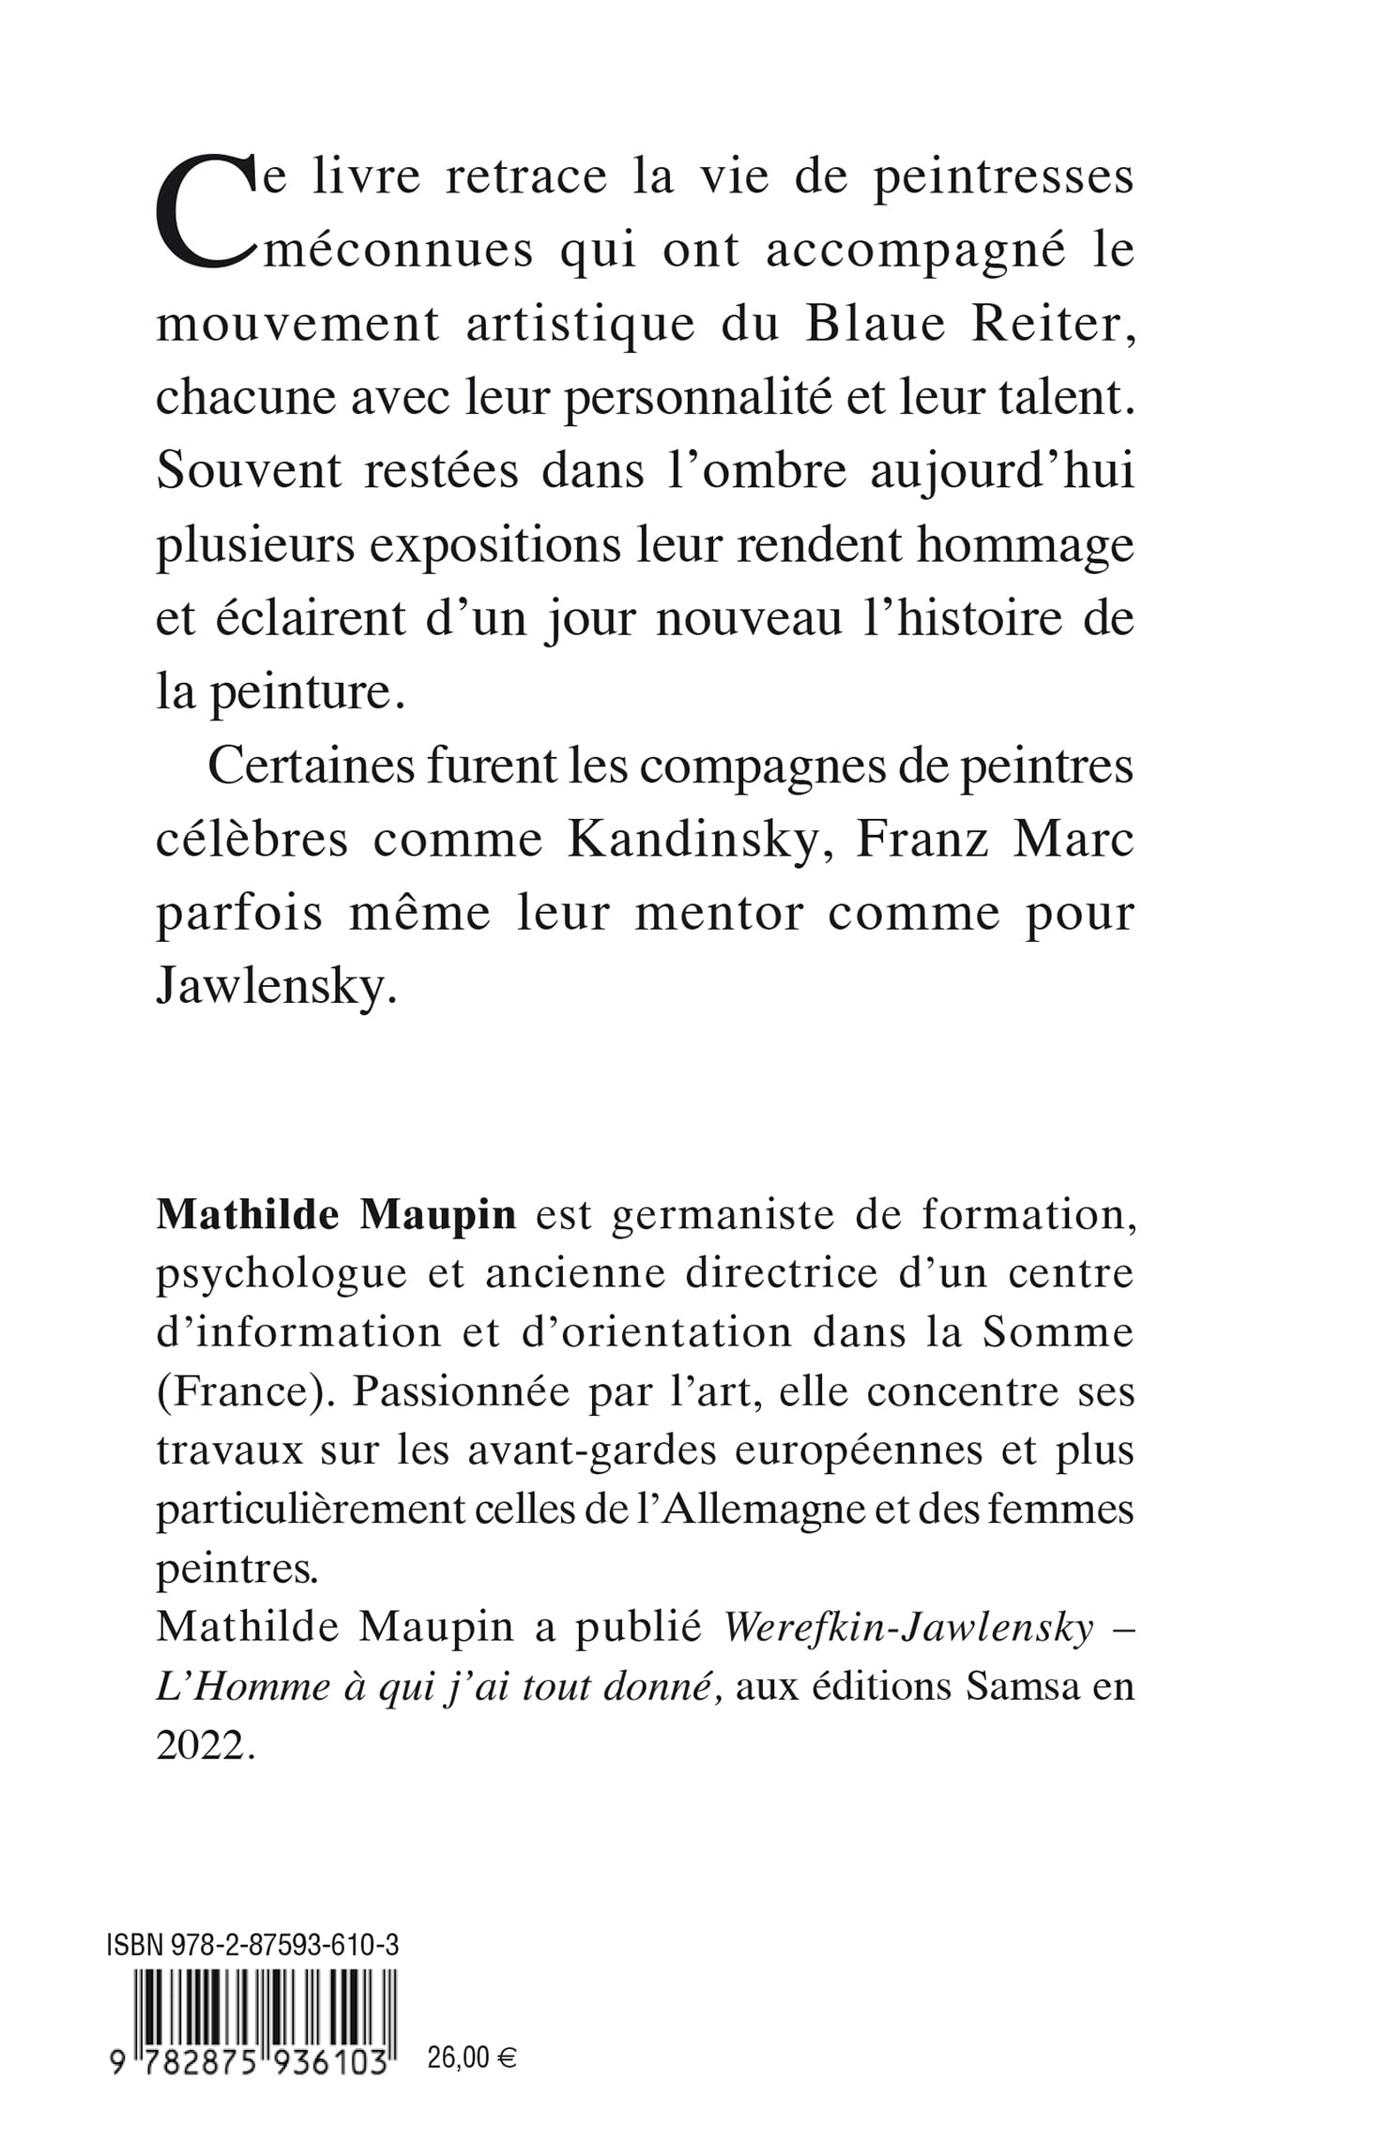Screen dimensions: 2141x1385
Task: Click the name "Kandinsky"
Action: click(x=693, y=840)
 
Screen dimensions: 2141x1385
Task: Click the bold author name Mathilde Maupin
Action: click(x=336, y=1214)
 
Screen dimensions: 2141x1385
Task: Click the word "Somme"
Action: click(x=1058, y=1332)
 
